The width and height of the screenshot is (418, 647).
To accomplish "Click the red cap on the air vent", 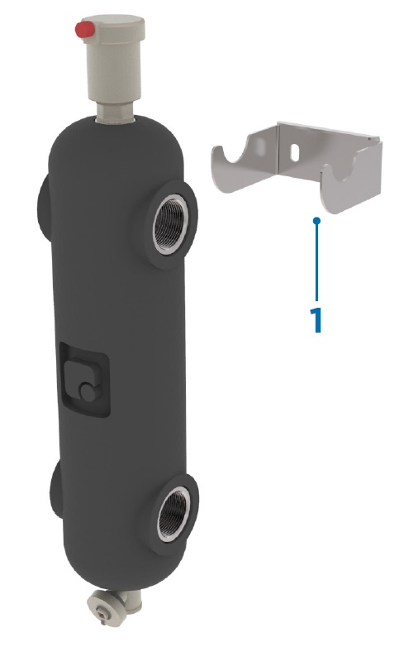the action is tap(83, 31).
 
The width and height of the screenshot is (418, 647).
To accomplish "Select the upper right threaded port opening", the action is tap(170, 225).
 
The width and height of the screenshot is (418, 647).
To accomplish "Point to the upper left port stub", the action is tap(45, 205).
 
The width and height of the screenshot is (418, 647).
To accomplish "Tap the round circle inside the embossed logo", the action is tap(87, 392).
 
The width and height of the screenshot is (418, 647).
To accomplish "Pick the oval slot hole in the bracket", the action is tap(295, 151).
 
